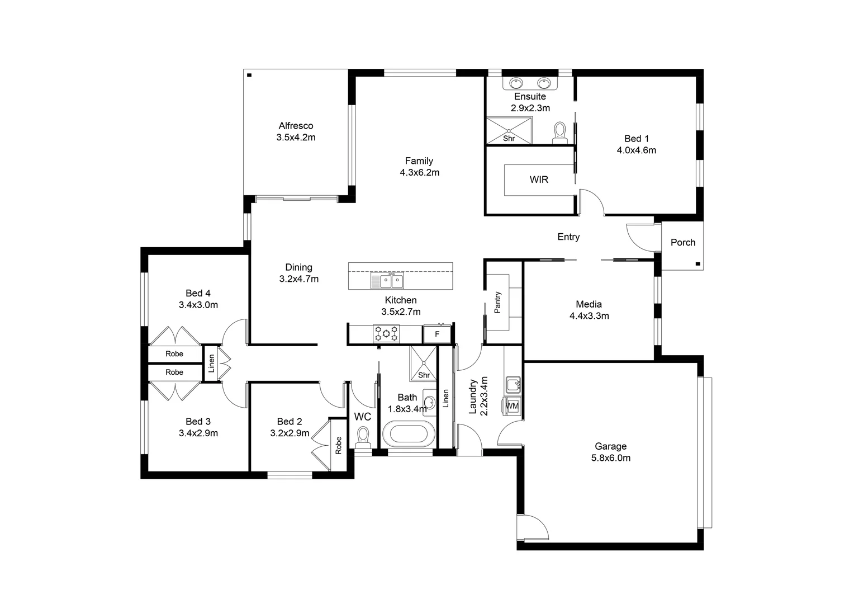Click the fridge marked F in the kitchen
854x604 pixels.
click(x=438, y=334)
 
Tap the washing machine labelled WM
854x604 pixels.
click(x=512, y=406)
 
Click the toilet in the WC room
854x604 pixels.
click(x=363, y=436)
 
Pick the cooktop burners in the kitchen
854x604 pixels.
click(x=386, y=334)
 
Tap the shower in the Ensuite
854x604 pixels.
click(x=509, y=130)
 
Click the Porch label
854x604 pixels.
click(x=683, y=242)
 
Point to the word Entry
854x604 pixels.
click(x=568, y=237)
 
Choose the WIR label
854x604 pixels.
click(x=539, y=180)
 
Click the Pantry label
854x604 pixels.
click(x=497, y=302)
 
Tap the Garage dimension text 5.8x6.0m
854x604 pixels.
click(x=610, y=458)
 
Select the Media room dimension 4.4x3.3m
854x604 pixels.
click(x=589, y=316)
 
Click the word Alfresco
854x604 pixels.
click(x=296, y=126)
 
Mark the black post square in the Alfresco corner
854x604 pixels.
click(x=249, y=75)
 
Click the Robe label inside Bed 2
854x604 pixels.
click(x=338, y=445)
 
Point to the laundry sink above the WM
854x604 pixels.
click(x=513, y=385)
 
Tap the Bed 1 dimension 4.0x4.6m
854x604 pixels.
click(x=636, y=150)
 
